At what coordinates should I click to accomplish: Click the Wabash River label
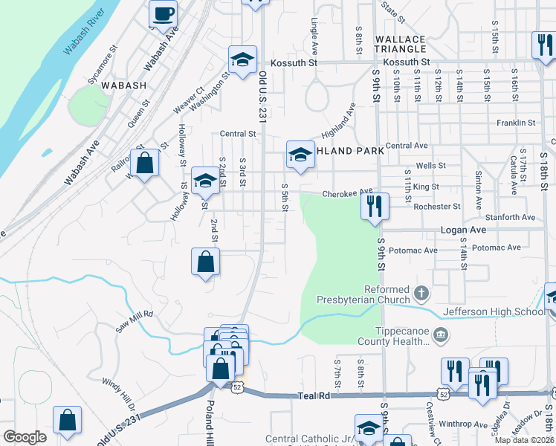coord(83,38)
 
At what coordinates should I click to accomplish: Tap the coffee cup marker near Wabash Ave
coord(163,13)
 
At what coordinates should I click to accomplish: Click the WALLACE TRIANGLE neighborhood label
coord(401,44)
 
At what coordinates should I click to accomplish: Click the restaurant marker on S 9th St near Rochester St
coord(375,206)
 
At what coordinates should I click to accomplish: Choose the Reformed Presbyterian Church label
coord(387,295)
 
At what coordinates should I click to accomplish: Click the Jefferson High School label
coord(494,311)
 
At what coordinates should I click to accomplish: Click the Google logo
coord(25,436)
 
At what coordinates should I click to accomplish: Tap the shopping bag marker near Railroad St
coord(146,164)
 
